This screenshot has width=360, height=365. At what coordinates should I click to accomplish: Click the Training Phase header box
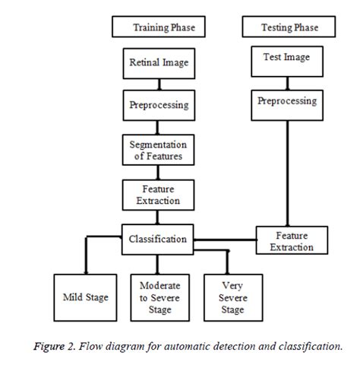click(163, 27)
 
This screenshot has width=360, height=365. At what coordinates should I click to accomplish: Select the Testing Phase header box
click(289, 27)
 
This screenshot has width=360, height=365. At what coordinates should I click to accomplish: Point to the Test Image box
click(286, 59)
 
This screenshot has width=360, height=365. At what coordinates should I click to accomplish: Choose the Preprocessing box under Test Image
click(286, 102)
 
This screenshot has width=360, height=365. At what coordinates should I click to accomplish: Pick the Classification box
click(156, 239)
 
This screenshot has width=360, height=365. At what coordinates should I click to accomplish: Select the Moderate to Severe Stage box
click(159, 297)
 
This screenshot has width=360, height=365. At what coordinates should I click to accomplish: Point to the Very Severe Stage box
click(232, 297)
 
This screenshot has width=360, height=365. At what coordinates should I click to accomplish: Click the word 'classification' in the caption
click(308, 346)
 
